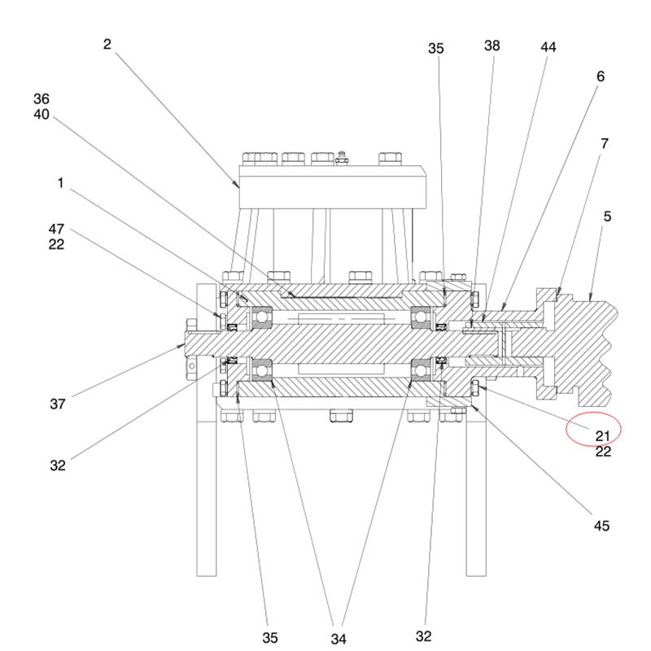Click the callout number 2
pyautogui.click(x=107, y=44)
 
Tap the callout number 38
pyautogui.click(x=492, y=46)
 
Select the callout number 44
pyautogui.click(x=548, y=47)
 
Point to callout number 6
pyautogui.click(x=601, y=76)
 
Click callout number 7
pyautogui.click(x=605, y=144)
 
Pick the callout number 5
pyautogui.click(x=607, y=216)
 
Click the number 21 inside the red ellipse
pyautogui.click(x=602, y=436)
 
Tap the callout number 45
pyautogui.click(x=601, y=526)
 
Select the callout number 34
pyautogui.click(x=339, y=639)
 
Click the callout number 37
pyautogui.click(x=57, y=404)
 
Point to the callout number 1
pyautogui.click(x=60, y=184)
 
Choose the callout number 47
pyautogui.click(x=56, y=229)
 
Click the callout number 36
pyautogui.click(x=42, y=98)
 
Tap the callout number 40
pyautogui.click(x=42, y=115)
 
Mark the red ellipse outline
pyautogui.click(x=569, y=429)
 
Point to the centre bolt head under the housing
pyautogui.click(x=340, y=416)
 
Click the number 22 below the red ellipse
pyautogui.click(x=602, y=452)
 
